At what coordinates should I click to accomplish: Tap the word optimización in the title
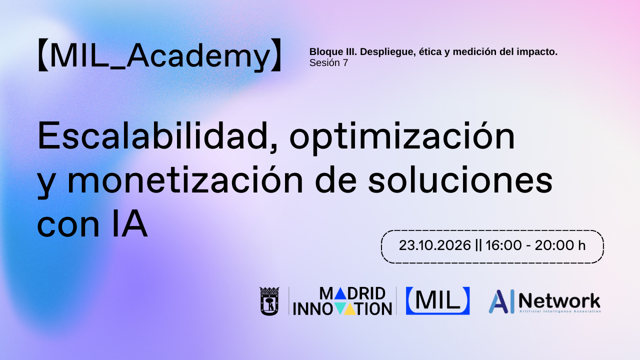402,137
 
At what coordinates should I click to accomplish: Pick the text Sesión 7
328,63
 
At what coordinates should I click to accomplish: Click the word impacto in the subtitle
539,51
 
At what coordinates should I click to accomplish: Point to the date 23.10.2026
435,245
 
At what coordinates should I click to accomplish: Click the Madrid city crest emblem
269,301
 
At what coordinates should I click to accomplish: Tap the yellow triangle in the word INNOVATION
351,309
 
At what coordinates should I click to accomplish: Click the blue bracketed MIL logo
437,300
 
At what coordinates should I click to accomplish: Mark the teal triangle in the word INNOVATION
339,309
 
